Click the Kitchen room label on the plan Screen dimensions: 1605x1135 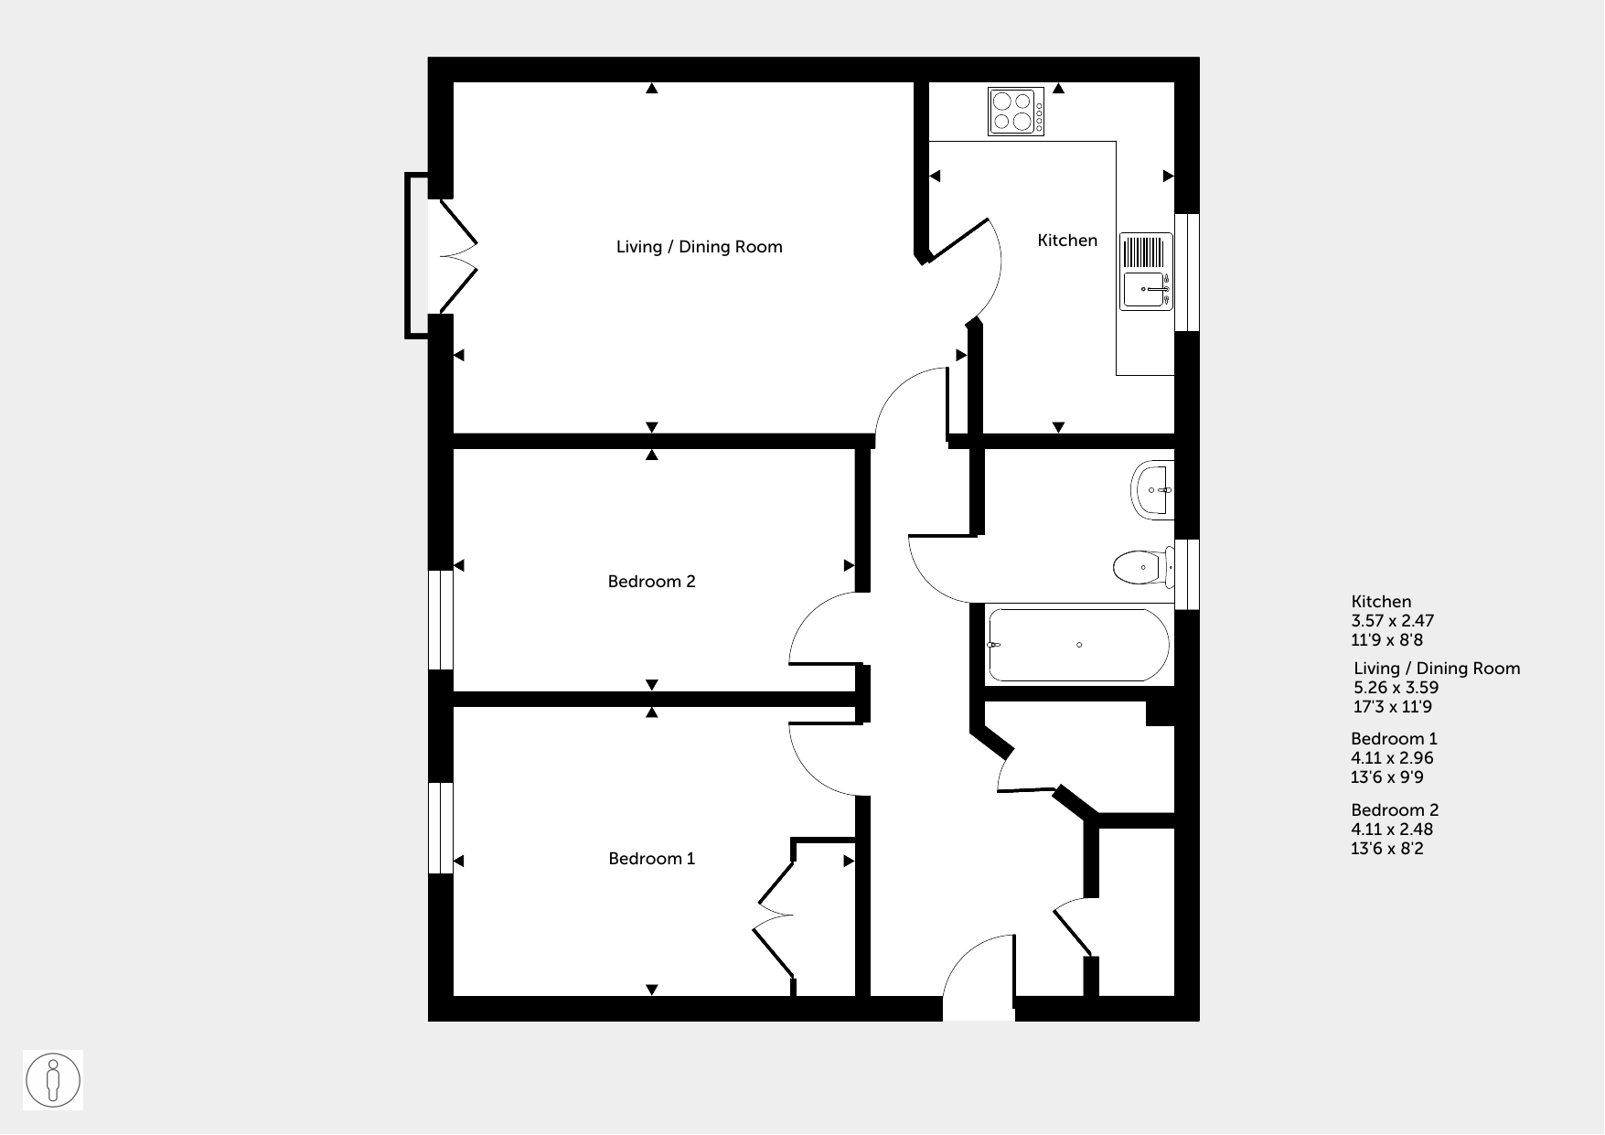click(x=1067, y=241)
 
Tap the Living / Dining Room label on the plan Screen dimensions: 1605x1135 click(x=700, y=247)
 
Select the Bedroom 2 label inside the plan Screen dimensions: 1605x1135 click(x=652, y=582)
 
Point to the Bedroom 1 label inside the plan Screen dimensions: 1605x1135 click(x=652, y=859)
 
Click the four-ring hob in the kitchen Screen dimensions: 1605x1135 click(x=1016, y=112)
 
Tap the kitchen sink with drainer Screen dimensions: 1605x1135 click(x=1147, y=272)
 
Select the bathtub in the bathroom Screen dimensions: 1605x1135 click(x=1078, y=646)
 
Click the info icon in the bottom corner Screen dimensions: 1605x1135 click(x=53, y=1081)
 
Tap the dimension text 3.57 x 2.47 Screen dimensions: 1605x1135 click(x=1393, y=621)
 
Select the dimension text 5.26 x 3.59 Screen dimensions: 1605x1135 click(x=1396, y=688)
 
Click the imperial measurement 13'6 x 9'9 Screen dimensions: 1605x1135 click(x=1387, y=777)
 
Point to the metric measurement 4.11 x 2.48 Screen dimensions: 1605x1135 click(x=1392, y=830)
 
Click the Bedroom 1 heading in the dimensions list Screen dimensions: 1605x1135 click(x=1395, y=739)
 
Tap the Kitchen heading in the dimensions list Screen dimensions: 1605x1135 click(x=1382, y=602)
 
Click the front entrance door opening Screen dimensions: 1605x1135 click(x=979, y=1008)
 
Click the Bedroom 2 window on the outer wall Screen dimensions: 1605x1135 click(x=441, y=621)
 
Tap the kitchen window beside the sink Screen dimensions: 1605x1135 click(x=1187, y=273)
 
